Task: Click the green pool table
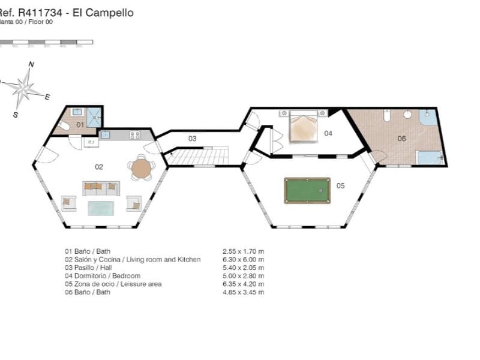tap(307, 190)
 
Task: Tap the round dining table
tap(142, 167)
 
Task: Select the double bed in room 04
tap(304, 128)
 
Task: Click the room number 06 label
tap(401, 139)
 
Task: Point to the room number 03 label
tap(192, 139)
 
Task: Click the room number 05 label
tap(340, 186)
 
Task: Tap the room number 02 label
tap(100, 167)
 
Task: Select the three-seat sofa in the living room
tap(101, 188)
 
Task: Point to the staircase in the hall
tap(197, 157)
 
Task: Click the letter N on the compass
tap(32, 64)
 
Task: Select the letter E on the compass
tap(47, 97)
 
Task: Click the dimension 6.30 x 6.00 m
tap(243, 259)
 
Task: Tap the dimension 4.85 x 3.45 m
tap(243, 292)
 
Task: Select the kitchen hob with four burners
tap(135, 135)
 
